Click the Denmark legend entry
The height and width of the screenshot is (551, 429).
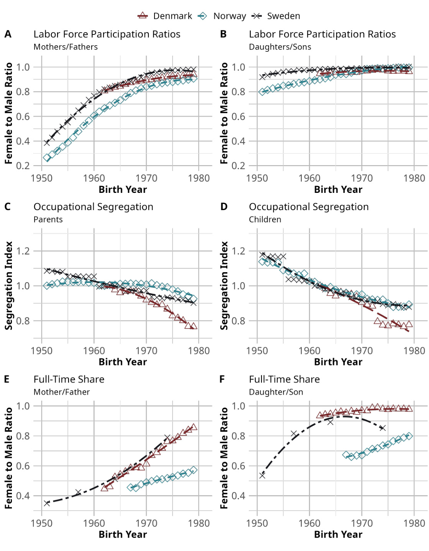165,16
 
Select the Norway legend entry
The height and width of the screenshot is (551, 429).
222,16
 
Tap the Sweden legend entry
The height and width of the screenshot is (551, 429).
276,16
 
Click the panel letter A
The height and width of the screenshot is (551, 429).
8,34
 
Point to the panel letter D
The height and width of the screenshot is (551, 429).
224,207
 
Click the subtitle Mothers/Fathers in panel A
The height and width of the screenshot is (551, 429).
66,47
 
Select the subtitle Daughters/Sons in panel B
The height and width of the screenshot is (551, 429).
280,47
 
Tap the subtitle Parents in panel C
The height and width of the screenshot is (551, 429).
48,219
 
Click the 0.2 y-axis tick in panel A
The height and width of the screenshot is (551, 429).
23,166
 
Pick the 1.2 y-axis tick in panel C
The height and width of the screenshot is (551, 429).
23,251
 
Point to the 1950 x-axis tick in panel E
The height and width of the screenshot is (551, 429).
41,523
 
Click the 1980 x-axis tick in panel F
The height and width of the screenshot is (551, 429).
414,523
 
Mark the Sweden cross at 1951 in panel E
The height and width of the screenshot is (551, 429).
47,503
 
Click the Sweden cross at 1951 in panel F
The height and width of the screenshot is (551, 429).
262,475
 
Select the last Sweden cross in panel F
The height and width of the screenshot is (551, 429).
382,428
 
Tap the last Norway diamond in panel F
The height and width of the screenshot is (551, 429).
409,436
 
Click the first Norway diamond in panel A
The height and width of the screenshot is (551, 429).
47,158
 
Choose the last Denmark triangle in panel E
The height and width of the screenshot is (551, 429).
194,427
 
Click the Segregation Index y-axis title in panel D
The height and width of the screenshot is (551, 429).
224,286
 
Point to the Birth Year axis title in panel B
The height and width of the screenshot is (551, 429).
338,189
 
